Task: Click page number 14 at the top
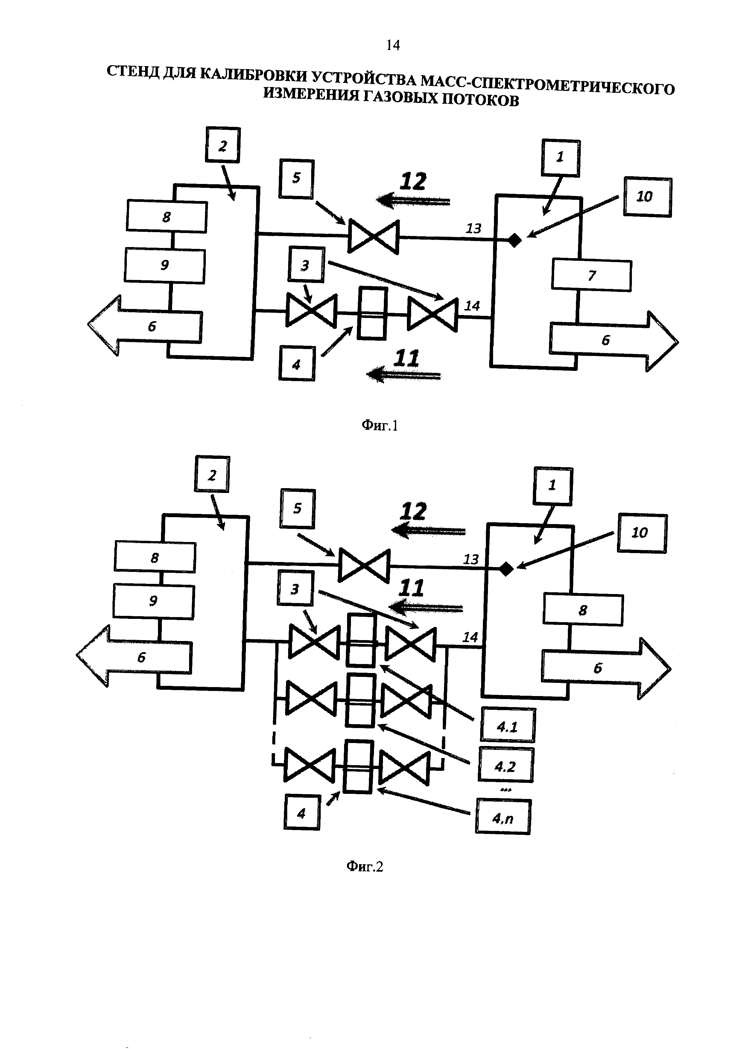pos(393,45)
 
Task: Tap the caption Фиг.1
pos(380,426)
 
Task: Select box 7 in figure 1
pos(591,275)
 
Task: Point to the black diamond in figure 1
pos(515,240)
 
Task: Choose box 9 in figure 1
pos(165,265)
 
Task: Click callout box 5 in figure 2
pos(297,508)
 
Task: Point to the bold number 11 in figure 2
pos(411,588)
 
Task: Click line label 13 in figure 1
pos(473,229)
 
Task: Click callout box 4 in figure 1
pos(297,364)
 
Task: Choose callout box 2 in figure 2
pos(212,474)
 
